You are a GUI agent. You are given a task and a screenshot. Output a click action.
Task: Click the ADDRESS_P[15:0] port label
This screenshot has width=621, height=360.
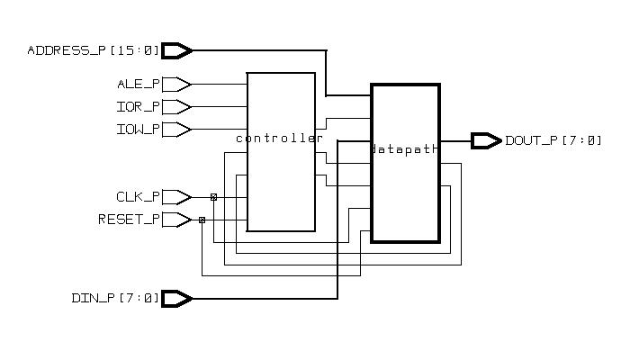pyautogui.click(x=93, y=50)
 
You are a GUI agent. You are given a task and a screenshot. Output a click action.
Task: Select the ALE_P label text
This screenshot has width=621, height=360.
pyautogui.click(x=139, y=85)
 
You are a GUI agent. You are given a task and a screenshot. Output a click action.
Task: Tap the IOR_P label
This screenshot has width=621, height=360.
pyautogui.click(x=139, y=107)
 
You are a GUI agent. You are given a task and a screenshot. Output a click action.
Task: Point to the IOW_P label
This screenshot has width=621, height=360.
pyautogui.click(x=139, y=130)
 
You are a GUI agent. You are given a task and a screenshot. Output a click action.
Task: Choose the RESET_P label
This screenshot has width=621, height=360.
pyautogui.click(x=130, y=220)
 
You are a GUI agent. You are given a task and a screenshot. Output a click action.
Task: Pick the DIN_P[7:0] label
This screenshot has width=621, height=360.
pyautogui.click(x=115, y=298)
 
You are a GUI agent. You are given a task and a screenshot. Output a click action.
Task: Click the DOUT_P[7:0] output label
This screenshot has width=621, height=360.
pyautogui.click(x=553, y=140)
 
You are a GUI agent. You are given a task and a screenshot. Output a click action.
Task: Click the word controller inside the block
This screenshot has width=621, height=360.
pyautogui.click(x=279, y=139)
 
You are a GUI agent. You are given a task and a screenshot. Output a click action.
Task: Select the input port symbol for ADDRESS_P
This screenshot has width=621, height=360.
pyautogui.click(x=177, y=50)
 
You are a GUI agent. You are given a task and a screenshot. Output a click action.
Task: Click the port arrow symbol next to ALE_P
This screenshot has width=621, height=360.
pyautogui.click(x=177, y=85)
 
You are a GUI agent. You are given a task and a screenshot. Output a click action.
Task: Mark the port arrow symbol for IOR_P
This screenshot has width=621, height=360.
pyautogui.click(x=177, y=107)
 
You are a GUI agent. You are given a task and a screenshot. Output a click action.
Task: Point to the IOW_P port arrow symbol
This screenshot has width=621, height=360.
pyautogui.click(x=177, y=130)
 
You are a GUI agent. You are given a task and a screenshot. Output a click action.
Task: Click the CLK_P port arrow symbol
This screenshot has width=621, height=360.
pyautogui.click(x=177, y=197)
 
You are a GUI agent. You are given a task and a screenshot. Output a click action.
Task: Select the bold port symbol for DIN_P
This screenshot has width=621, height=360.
pyautogui.click(x=177, y=298)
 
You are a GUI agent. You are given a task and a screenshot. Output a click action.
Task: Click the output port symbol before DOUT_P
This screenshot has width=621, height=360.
pyautogui.click(x=486, y=140)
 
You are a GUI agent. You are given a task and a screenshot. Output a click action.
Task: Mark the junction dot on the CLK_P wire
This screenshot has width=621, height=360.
pyautogui.click(x=213, y=197)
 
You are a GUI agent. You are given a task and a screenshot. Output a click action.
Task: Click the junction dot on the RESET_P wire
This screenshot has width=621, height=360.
pyautogui.click(x=202, y=220)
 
